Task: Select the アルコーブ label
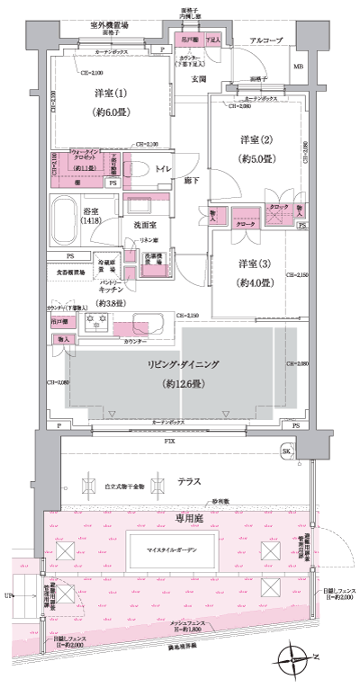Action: pyautogui.click(x=267, y=41)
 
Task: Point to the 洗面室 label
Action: pyautogui.click(x=139, y=225)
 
